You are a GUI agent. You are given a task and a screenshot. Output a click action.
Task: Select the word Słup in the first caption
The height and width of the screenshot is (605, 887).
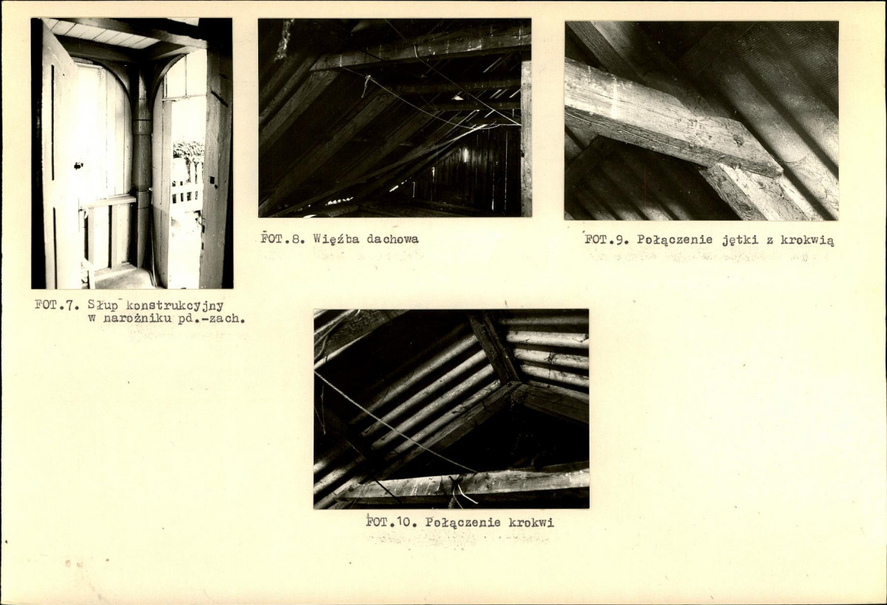(x=100, y=305)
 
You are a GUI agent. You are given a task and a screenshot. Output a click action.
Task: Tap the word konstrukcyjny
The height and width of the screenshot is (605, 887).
(x=170, y=306)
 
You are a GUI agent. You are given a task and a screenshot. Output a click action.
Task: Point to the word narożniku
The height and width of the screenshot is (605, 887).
(x=133, y=318)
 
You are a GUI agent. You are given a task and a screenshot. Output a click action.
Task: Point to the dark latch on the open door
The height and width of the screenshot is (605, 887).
(x=78, y=166)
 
